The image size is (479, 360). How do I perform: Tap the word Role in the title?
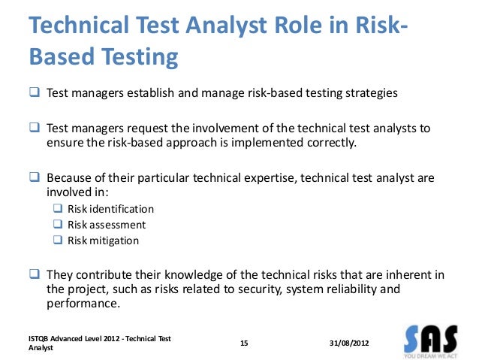tap(315, 25)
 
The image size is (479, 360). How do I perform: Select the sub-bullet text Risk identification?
tap(110, 209)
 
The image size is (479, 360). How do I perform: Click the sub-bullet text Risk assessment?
tap(107, 225)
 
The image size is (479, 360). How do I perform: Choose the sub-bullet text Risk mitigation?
tap(103, 241)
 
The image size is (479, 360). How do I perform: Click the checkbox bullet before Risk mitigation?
tap(58, 241)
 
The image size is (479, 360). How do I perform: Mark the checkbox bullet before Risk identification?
tap(58, 209)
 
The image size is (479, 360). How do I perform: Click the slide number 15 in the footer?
tap(243, 343)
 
